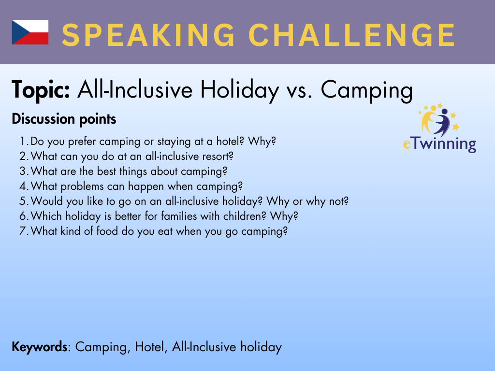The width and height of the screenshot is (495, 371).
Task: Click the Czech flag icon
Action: coord(30,32)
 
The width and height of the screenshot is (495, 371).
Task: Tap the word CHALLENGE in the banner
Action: coord(352,35)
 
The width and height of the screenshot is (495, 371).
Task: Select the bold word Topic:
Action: coord(41,90)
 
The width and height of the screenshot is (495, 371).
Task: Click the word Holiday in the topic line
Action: coord(240,90)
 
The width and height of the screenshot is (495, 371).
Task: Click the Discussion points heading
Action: coord(64,119)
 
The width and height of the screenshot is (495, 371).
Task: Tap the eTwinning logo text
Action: coord(439,144)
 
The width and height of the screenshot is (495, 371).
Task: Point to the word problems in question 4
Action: coord(82,186)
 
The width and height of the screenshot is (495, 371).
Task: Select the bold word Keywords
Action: coord(40,347)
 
